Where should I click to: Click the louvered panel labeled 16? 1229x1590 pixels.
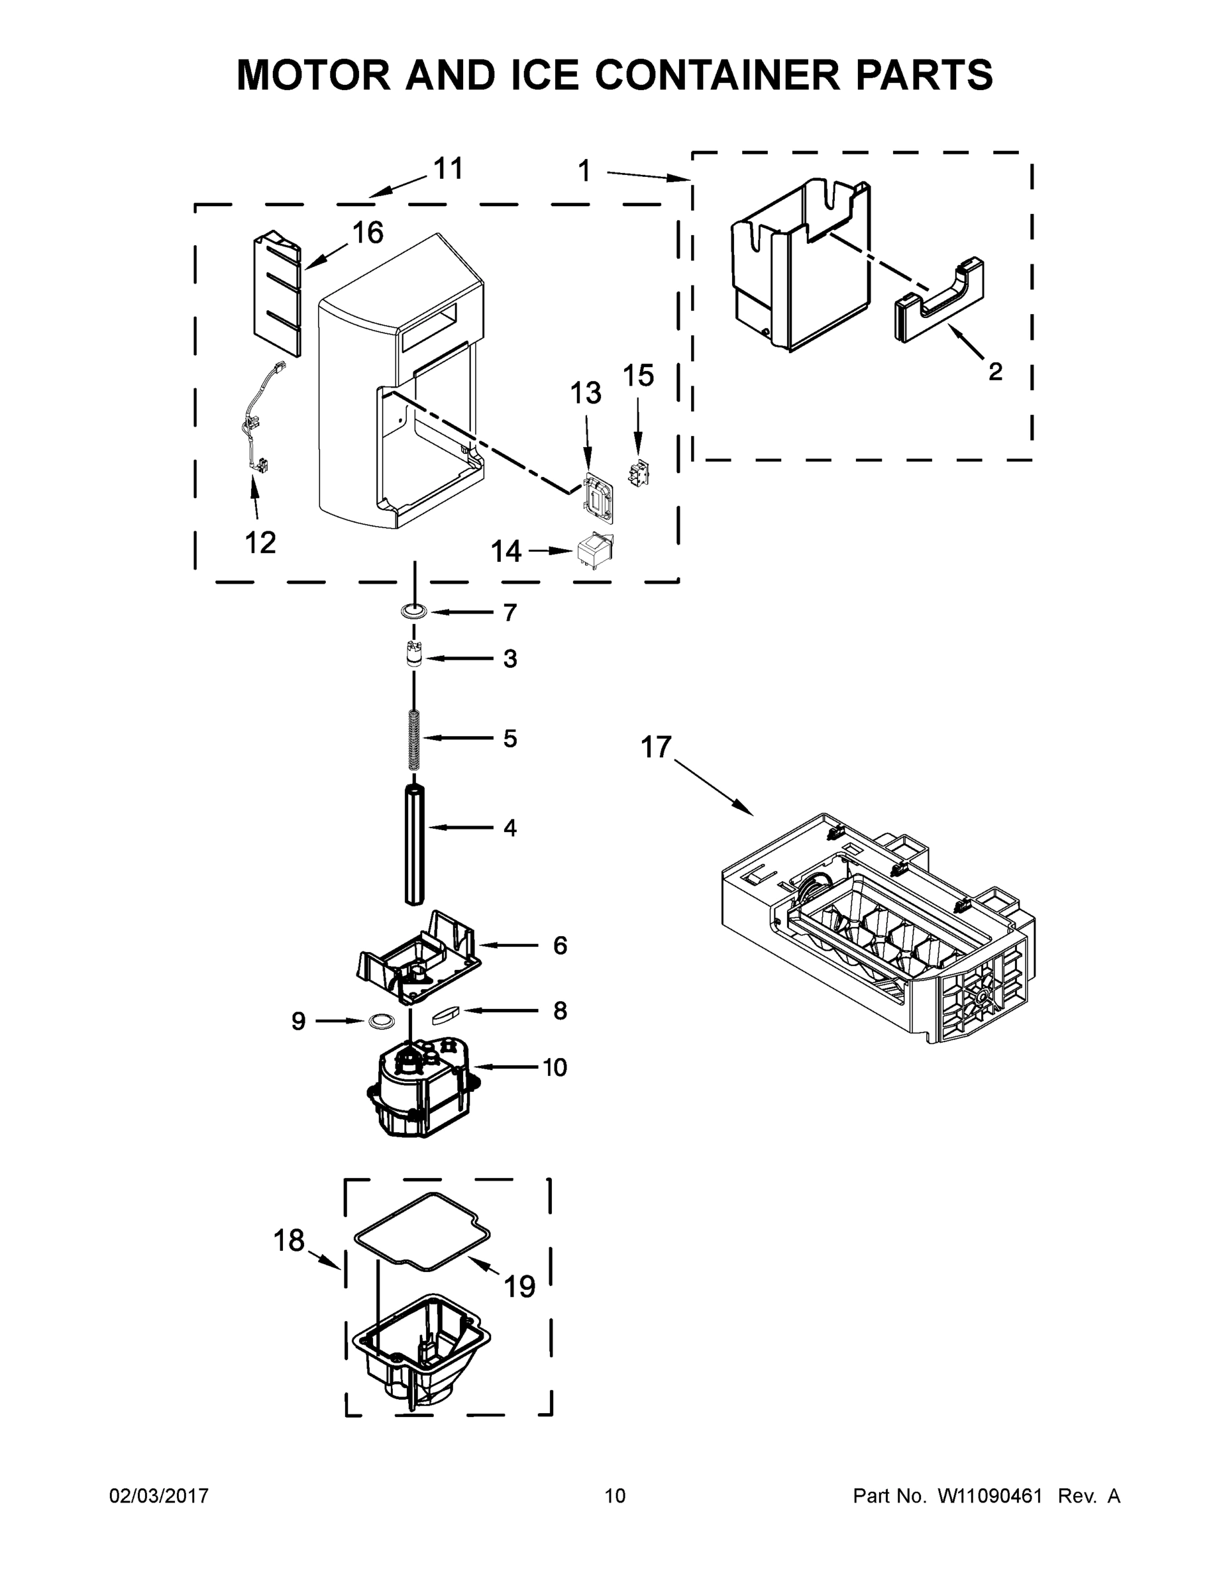tap(277, 295)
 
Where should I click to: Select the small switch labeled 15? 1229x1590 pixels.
tap(638, 473)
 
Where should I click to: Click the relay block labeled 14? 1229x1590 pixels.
tap(595, 553)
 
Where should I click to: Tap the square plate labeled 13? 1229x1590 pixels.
tap(598, 500)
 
